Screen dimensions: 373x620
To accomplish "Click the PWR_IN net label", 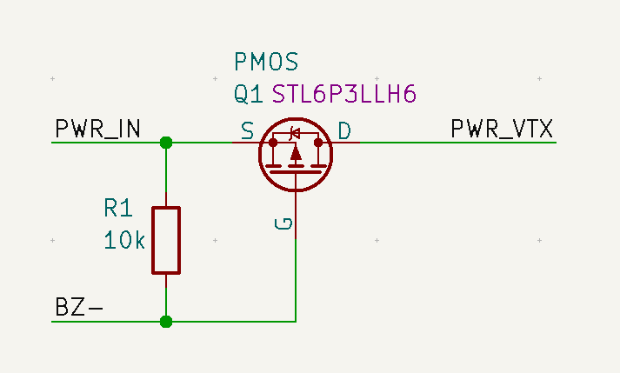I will pos(97,130).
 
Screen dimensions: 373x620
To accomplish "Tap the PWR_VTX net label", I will pos(502,130).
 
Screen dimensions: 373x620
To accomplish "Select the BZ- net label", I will pos(79,307).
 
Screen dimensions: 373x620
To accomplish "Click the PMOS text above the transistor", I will pos(266,62).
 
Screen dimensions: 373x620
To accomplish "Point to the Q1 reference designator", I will pos(248,94).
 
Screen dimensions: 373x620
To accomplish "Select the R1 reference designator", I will pos(117,209).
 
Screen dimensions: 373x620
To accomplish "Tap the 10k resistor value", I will pos(124,240).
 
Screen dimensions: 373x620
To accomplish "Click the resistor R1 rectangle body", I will pos(166,240).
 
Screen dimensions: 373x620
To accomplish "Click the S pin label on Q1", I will pos(248,131).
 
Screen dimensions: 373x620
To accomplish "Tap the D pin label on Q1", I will pos(344,131).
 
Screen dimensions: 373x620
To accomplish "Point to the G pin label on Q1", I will pos(283,225).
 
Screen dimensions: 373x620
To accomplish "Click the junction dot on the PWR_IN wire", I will pos(166,143).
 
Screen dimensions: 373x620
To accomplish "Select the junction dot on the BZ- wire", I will pos(166,322).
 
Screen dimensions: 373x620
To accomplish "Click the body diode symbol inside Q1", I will pos(296,134).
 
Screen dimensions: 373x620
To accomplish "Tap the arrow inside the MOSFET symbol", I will pos(297,154).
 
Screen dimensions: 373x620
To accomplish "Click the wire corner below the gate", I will pos(297,322).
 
